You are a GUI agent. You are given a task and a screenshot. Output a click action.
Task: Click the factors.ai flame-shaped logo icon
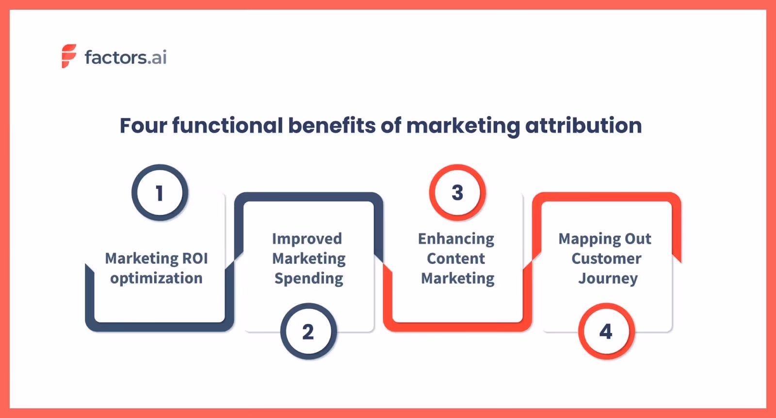(69, 56)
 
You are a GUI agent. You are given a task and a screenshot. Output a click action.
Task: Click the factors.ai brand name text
(126, 57)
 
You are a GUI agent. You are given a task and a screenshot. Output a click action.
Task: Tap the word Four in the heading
(143, 126)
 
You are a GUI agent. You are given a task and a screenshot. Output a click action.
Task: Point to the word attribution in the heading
(583, 126)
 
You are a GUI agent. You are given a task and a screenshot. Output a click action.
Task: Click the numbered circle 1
(160, 193)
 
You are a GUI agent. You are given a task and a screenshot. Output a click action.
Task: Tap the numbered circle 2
(308, 332)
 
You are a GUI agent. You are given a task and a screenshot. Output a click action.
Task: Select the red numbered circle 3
(457, 192)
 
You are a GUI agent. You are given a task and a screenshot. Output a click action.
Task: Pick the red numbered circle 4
(606, 332)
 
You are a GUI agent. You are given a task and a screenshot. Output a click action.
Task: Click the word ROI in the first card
(194, 258)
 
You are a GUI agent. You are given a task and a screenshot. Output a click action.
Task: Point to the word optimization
(156, 278)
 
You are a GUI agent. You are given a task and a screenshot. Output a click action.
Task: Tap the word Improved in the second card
(307, 239)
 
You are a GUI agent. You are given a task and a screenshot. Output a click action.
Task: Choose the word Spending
(309, 279)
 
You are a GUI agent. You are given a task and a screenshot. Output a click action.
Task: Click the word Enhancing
(456, 239)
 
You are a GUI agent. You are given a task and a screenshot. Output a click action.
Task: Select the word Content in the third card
(456, 259)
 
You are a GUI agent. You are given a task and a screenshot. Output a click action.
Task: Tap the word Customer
(606, 259)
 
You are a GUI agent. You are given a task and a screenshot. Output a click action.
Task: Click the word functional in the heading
(227, 126)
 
